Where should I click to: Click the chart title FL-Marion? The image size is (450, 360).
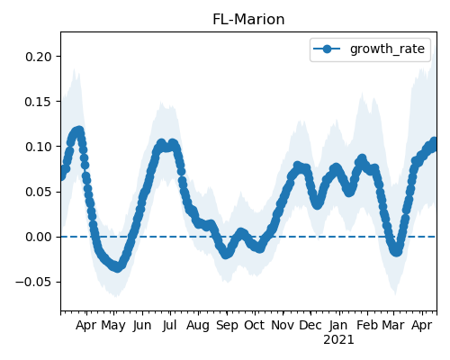pos(248,20)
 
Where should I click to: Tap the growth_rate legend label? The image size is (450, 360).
pos(387,49)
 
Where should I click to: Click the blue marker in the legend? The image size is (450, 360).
pos(327,49)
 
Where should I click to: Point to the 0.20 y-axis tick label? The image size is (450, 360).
pos(39,57)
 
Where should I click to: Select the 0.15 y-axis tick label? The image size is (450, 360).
pos(39,102)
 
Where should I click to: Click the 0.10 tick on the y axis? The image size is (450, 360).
pos(39,147)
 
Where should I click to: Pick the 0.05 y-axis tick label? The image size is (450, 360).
pos(39,192)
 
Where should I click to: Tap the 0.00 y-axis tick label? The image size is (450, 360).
pos(39,237)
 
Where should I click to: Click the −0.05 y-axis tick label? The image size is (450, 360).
pos(34,282)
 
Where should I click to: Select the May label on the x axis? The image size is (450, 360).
pos(113,326)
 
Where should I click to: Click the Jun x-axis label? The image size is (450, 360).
pos(142,326)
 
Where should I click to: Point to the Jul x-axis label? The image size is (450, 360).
pos(170,326)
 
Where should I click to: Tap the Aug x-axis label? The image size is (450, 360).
pos(198,326)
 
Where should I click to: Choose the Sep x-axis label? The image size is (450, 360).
pos(227,326)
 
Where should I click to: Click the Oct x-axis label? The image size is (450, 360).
pos(255,326)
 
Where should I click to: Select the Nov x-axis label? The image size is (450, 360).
pos(283,326)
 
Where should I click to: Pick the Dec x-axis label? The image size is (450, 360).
pos(310,326)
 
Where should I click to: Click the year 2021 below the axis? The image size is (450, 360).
pos(338,340)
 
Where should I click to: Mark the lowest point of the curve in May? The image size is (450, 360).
pos(117,267)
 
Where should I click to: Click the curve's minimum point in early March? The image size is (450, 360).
pos(397,251)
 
